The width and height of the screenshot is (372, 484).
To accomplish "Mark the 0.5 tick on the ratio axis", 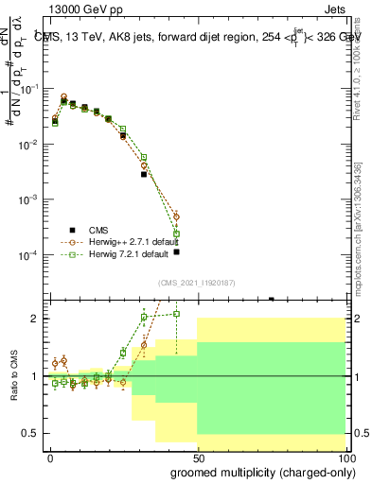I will point(36,433).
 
